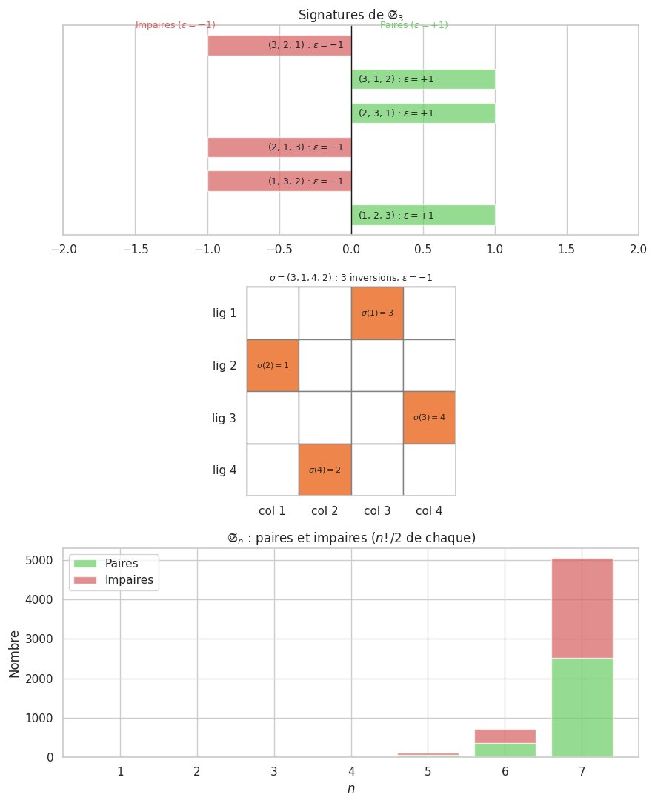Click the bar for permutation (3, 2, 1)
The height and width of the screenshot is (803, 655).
[x=279, y=45]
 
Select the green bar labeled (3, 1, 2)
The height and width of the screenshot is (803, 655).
[x=423, y=79]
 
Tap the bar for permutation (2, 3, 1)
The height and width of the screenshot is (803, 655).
[x=423, y=113]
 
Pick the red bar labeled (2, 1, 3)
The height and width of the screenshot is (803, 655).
[x=279, y=147]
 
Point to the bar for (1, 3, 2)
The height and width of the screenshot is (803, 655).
[x=279, y=181]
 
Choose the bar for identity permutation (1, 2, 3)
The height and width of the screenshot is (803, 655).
[x=423, y=216]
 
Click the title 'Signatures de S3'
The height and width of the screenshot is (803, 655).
[x=350, y=15]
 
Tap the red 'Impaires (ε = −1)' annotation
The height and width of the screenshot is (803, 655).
[x=176, y=25]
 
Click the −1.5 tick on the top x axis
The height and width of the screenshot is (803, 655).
[x=135, y=249]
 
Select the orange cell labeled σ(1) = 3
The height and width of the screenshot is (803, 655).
[x=377, y=313]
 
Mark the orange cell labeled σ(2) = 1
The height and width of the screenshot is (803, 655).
[x=273, y=365]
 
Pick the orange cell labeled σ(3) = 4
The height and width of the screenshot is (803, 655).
[x=429, y=418]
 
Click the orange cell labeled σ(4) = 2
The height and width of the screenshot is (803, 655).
[x=325, y=470]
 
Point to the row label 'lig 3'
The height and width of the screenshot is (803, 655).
[x=225, y=418]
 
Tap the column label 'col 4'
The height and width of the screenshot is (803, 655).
[x=429, y=511]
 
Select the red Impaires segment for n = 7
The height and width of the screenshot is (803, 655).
[x=582, y=607]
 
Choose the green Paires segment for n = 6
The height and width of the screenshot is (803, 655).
[x=505, y=750]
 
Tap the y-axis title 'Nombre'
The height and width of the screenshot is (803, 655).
[x=15, y=653]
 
